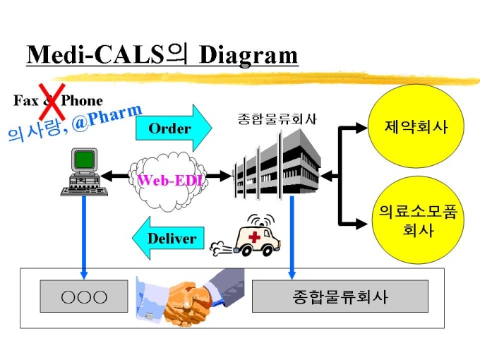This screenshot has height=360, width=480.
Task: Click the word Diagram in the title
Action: pos(248,55)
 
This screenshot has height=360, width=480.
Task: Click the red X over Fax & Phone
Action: pos(52,102)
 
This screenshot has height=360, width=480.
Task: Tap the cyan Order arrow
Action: pos(174,128)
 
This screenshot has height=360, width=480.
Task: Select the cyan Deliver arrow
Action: pos(168,238)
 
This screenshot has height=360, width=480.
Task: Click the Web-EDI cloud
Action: pos(168,180)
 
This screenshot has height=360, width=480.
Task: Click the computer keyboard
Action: pos(84,191)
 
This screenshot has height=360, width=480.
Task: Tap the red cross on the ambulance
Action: pos(254,236)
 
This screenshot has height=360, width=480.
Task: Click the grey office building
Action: pos(277,165)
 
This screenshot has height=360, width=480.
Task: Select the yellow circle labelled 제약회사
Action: pos(415,126)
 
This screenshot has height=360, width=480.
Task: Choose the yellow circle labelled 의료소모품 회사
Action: pos(418,220)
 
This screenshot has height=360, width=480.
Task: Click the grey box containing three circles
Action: pos(84,296)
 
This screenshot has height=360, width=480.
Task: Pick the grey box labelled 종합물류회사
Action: pos(340,296)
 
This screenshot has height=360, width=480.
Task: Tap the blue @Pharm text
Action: pos(107,118)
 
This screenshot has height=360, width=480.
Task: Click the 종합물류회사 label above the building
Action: pos(277,119)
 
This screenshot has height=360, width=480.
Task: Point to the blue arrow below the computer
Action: pos(84,238)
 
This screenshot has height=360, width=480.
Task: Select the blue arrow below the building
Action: pos(292,238)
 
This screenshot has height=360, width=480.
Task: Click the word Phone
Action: pos(82,100)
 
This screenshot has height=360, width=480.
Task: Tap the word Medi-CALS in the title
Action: pos(95,54)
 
